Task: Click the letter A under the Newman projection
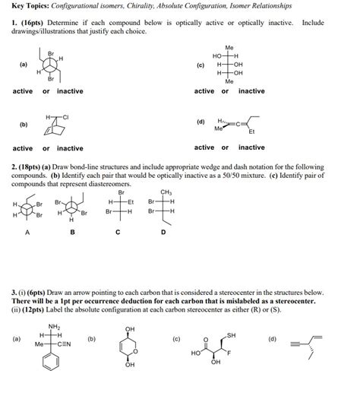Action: [x=29, y=233]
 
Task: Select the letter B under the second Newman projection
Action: [x=72, y=233]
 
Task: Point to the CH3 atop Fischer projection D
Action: [x=166, y=192]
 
